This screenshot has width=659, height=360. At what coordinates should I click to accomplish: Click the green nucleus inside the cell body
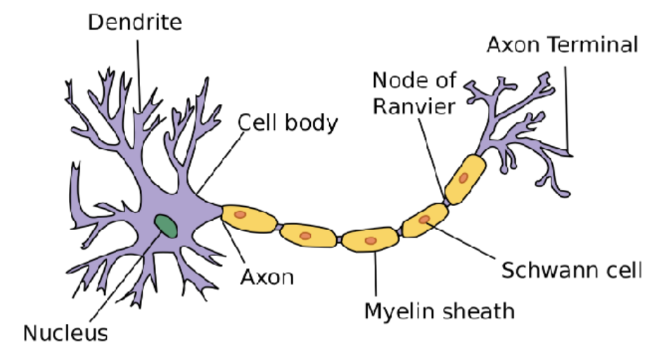(166, 225)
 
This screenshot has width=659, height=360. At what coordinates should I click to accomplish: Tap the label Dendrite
(134, 22)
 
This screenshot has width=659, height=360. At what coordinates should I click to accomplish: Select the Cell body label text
(288, 123)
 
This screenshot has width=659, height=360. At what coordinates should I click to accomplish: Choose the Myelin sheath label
(439, 310)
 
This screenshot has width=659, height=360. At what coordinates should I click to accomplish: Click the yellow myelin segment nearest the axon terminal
(466, 179)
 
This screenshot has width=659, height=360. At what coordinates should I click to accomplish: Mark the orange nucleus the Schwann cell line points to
(425, 220)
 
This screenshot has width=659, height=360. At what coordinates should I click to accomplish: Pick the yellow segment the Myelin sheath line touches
(371, 240)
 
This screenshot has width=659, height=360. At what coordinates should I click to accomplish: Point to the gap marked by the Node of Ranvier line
(447, 202)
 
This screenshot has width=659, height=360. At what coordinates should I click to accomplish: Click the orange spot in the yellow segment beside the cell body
(241, 214)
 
